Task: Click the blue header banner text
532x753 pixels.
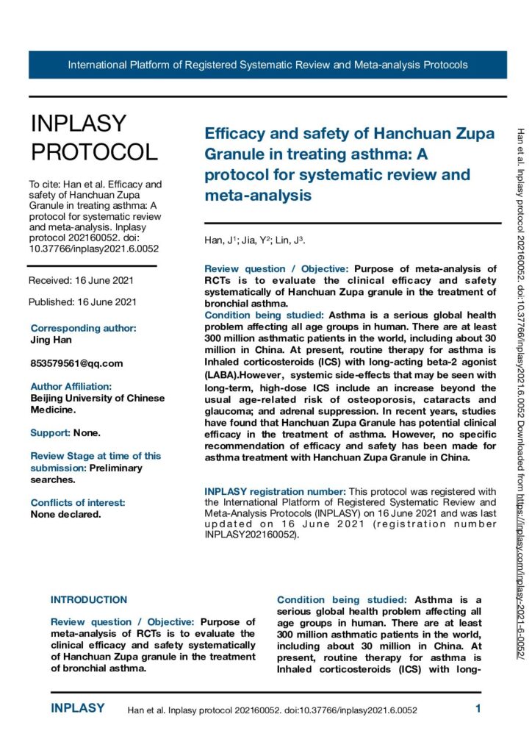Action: pyautogui.click(x=267, y=65)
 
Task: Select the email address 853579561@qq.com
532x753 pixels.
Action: pyautogui.click(x=76, y=363)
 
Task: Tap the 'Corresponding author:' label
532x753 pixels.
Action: pyautogui.click(x=83, y=328)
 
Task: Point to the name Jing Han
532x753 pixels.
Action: pyautogui.click(x=51, y=340)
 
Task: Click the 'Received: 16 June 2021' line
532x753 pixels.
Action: pyautogui.click(x=81, y=280)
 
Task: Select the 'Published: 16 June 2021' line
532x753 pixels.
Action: pyautogui.click(x=82, y=301)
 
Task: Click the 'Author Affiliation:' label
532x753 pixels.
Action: pyautogui.click(x=71, y=386)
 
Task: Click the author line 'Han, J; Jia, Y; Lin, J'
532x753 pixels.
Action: pyautogui.click(x=254, y=241)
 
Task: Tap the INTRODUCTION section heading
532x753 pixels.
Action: pyautogui.click(x=89, y=600)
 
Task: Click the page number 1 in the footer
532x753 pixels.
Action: pyautogui.click(x=478, y=709)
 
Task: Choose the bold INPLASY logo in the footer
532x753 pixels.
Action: pyautogui.click(x=78, y=709)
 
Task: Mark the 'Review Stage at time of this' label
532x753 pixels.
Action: pyautogui.click(x=96, y=456)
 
